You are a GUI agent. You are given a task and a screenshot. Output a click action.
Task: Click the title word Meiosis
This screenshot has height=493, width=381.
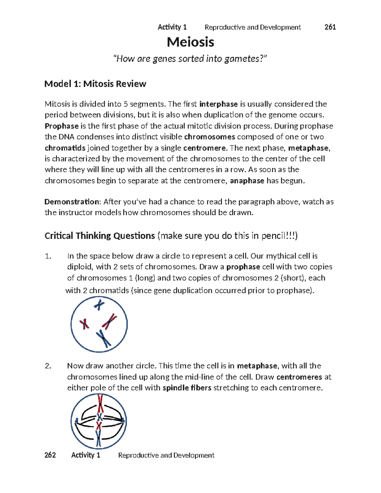coord(190,42)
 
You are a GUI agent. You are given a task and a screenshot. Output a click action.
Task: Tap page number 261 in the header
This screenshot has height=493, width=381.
coord(330,27)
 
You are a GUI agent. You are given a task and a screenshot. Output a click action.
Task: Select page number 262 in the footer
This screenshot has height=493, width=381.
coord(50,455)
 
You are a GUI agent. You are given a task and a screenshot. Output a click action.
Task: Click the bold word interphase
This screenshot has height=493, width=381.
coord(218,104)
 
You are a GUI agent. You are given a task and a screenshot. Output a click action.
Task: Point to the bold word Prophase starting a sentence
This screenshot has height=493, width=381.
coord(62,126)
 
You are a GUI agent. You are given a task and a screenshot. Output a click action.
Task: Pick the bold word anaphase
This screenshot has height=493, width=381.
coord(247,181)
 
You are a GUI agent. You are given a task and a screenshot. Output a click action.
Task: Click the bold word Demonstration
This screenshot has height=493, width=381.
coord(72,202)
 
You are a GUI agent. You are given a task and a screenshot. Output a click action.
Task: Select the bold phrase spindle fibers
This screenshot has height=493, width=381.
coord(187,388)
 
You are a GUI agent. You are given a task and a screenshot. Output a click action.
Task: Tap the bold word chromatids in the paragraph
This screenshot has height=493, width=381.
coord(65,148)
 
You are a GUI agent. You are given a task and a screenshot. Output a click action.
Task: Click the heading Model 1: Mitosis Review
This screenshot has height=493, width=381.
coord(95,84)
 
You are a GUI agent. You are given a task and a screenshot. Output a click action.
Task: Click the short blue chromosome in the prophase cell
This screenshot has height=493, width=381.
coord(99,305)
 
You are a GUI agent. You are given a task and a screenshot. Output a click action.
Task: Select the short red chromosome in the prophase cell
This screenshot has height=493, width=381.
coord(84,324)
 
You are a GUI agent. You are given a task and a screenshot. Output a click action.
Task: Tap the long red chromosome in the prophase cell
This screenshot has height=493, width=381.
coord(110,321)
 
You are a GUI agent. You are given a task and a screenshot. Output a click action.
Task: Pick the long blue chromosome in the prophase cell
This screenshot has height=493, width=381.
coord(104,338)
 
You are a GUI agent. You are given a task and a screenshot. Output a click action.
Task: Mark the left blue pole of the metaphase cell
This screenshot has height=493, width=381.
coord(77,421)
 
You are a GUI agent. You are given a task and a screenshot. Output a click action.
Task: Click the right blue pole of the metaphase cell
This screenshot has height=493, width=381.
coord(123,421)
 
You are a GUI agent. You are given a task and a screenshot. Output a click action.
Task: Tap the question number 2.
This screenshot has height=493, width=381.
coord(48,366)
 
